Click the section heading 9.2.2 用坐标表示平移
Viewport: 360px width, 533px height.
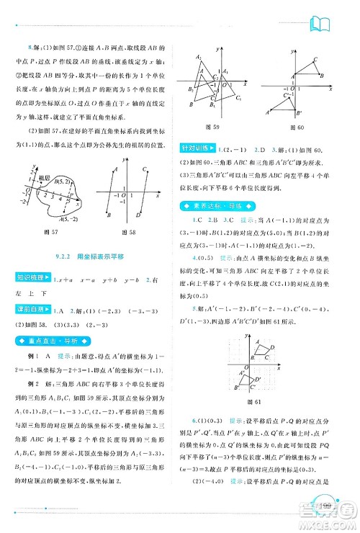coord(91,256)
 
